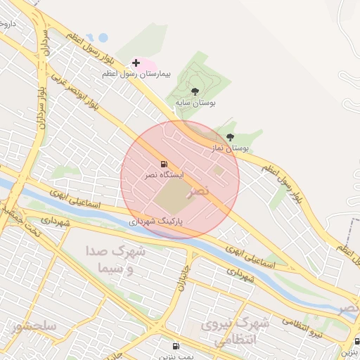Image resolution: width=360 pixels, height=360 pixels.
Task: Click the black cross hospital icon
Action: tap(136, 63)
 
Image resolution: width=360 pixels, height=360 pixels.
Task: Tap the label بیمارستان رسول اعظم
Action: tap(168, 75)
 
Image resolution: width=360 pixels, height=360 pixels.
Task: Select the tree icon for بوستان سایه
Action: tap(195, 91)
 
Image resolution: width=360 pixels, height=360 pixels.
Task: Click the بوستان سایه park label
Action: tap(197, 103)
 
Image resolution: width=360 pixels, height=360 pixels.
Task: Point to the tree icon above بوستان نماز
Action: tap(230, 138)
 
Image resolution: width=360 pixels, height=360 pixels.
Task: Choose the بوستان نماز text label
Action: tap(231, 148)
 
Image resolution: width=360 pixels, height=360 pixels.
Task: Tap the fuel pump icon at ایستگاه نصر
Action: tap(164, 164)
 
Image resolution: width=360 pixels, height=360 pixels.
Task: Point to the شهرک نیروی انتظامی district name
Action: tap(235, 332)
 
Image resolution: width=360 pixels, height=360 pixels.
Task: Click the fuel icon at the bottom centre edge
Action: tap(175, 346)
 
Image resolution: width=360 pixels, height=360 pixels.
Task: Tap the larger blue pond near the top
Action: tap(103, 38)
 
